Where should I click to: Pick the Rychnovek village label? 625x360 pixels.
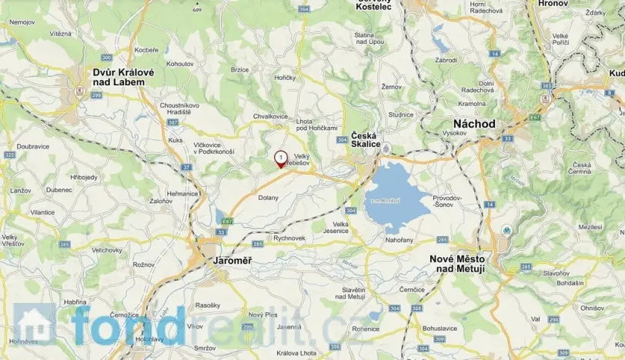(289, 238)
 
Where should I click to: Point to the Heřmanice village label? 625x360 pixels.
(182, 194)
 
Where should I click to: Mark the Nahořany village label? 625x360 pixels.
(399, 240)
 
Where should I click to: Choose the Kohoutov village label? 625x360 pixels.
(179, 63)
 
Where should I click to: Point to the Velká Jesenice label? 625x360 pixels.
(341, 227)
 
